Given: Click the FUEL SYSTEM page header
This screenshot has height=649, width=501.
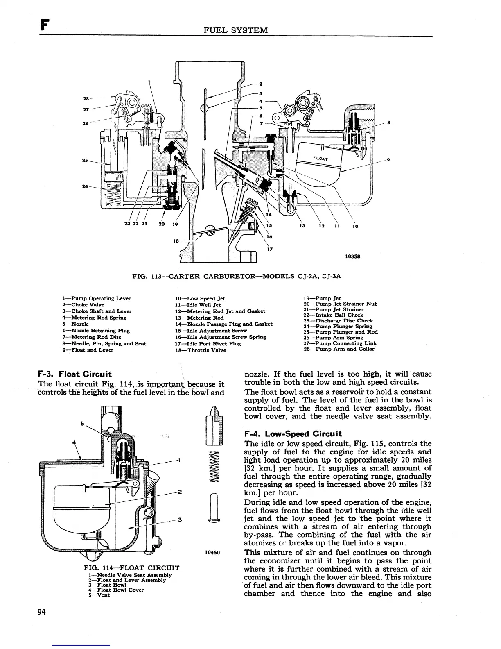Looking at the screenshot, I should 237,30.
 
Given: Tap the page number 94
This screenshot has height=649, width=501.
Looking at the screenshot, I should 41,612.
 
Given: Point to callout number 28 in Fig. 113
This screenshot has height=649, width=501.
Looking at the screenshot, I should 86,98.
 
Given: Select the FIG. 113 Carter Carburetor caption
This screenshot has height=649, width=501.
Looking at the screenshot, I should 237,276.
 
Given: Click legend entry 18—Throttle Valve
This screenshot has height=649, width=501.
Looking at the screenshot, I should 200,350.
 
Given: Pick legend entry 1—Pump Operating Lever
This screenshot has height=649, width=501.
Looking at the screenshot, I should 96,298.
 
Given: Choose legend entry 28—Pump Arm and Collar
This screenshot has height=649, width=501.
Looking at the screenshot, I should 339,349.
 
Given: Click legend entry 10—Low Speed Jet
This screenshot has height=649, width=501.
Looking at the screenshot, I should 200,298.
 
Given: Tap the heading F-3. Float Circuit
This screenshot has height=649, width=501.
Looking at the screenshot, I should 74,374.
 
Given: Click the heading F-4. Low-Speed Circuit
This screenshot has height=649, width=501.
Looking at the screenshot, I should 293,434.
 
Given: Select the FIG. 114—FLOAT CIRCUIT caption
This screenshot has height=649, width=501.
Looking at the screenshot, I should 131,568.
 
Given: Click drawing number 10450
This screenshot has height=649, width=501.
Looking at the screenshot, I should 212,552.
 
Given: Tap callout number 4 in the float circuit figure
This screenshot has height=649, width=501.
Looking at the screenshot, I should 74,442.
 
